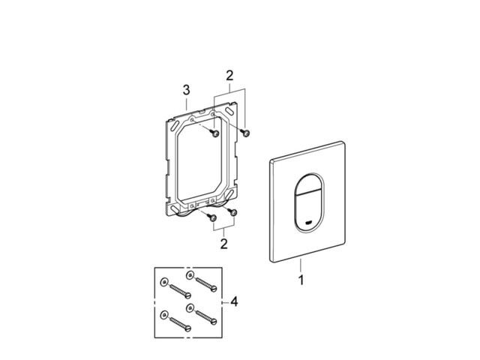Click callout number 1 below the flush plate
(301, 280)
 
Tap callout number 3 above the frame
(186, 90)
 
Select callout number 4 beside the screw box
(234, 301)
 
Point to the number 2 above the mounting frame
(229, 75)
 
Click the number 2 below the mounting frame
(224, 244)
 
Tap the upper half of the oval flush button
(308, 184)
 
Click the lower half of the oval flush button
(308, 211)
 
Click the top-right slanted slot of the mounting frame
(229, 110)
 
